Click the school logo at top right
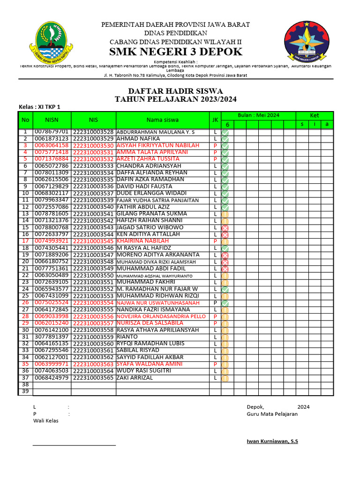307,41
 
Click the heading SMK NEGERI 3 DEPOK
175,52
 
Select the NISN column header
52,120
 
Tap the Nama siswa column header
163,120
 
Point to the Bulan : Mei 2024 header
258,115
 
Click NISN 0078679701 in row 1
52,132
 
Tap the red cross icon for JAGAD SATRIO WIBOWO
225,227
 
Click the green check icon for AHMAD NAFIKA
225,139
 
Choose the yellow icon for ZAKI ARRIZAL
225,378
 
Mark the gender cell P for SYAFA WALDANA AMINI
215,364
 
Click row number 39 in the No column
25,391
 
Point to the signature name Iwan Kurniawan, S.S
272,442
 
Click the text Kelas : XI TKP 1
39,107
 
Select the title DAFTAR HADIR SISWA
175,91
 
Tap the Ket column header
314,115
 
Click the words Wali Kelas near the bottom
45,421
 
